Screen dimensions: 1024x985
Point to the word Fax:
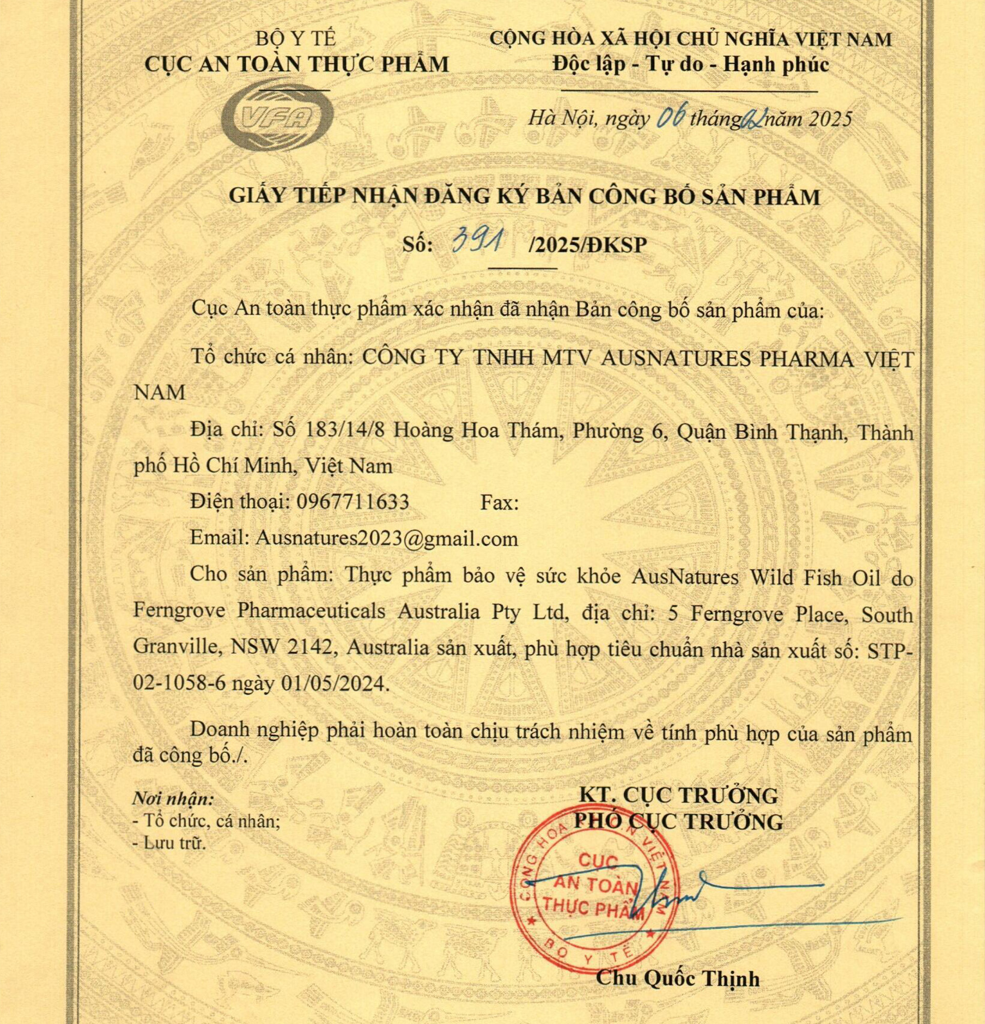pos(498,503)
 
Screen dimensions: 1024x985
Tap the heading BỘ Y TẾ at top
pos(296,39)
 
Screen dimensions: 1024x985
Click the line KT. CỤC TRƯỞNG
pos(678,796)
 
